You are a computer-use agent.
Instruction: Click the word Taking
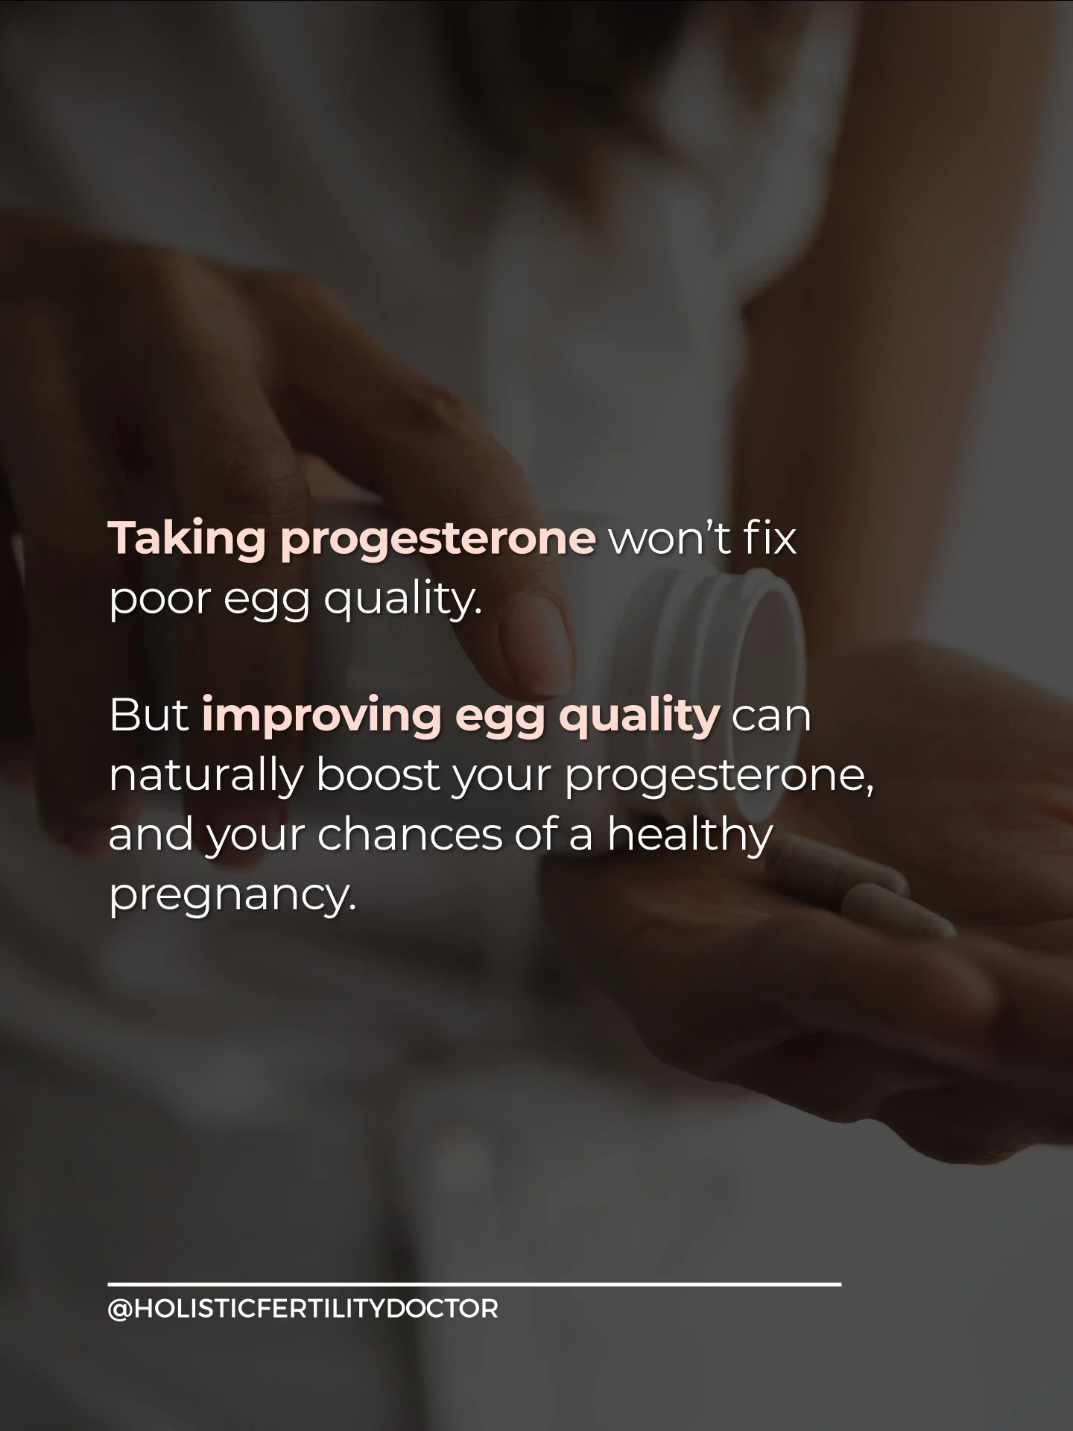(x=188, y=540)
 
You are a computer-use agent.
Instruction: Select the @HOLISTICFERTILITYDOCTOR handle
(x=303, y=1309)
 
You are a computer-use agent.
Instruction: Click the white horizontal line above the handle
(x=475, y=1284)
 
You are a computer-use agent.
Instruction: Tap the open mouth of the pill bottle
(x=767, y=656)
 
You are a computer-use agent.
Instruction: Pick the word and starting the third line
(x=150, y=835)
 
